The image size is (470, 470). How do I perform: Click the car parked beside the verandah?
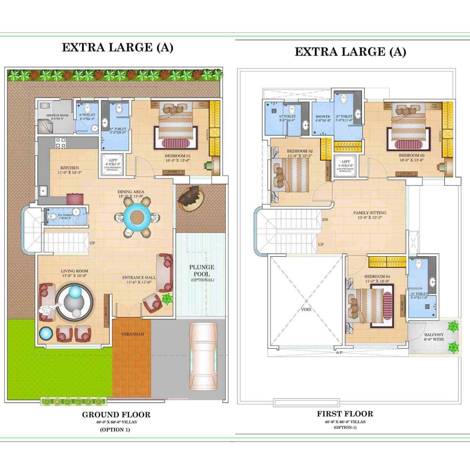click(x=203, y=356)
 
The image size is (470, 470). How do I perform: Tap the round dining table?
click(x=137, y=216)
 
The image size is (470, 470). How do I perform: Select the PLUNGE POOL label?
click(x=202, y=271)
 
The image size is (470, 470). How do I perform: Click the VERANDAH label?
click(x=132, y=334)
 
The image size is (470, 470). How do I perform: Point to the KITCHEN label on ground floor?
click(x=70, y=168)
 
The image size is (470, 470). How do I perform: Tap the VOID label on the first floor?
click(x=306, y=309)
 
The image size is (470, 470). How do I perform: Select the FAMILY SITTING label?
click(x=369, y=213)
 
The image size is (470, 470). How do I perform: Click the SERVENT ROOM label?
click(x=57, y=116)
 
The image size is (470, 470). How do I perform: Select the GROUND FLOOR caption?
click(x=116, y=414)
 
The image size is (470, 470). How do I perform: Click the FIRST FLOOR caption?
click(x=345, y=414)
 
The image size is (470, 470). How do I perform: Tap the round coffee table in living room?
click(x=74, y=302)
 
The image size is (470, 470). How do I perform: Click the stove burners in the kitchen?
click(x=60, y=143)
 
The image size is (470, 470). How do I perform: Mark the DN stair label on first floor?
click(x=325, y=220)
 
